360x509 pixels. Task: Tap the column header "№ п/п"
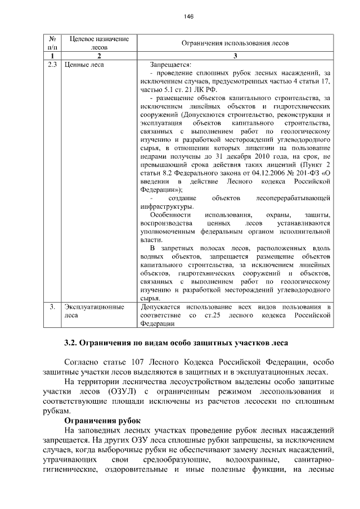pyautogui.click(x=52, y=43)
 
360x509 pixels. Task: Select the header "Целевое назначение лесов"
pyautogui.click(x=99, y=43)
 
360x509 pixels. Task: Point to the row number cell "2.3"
pyautogui.click(x=52, y=65)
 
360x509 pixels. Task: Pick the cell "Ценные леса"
pyautogui.click(x=84, y=65)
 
